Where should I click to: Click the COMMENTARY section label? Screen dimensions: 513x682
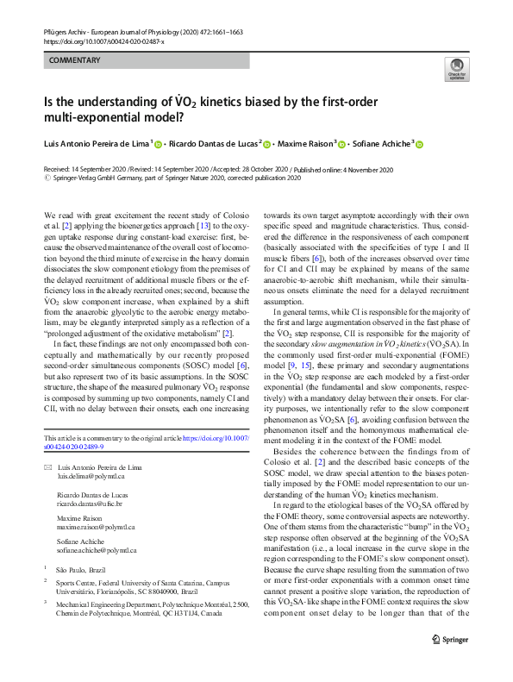(76, 60)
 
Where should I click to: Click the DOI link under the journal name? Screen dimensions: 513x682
(103, 41)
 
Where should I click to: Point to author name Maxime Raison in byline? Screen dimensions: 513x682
(307, 145)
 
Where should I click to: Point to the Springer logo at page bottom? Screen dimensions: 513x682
(449, 663)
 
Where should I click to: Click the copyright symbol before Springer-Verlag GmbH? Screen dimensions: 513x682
(47, 178)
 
